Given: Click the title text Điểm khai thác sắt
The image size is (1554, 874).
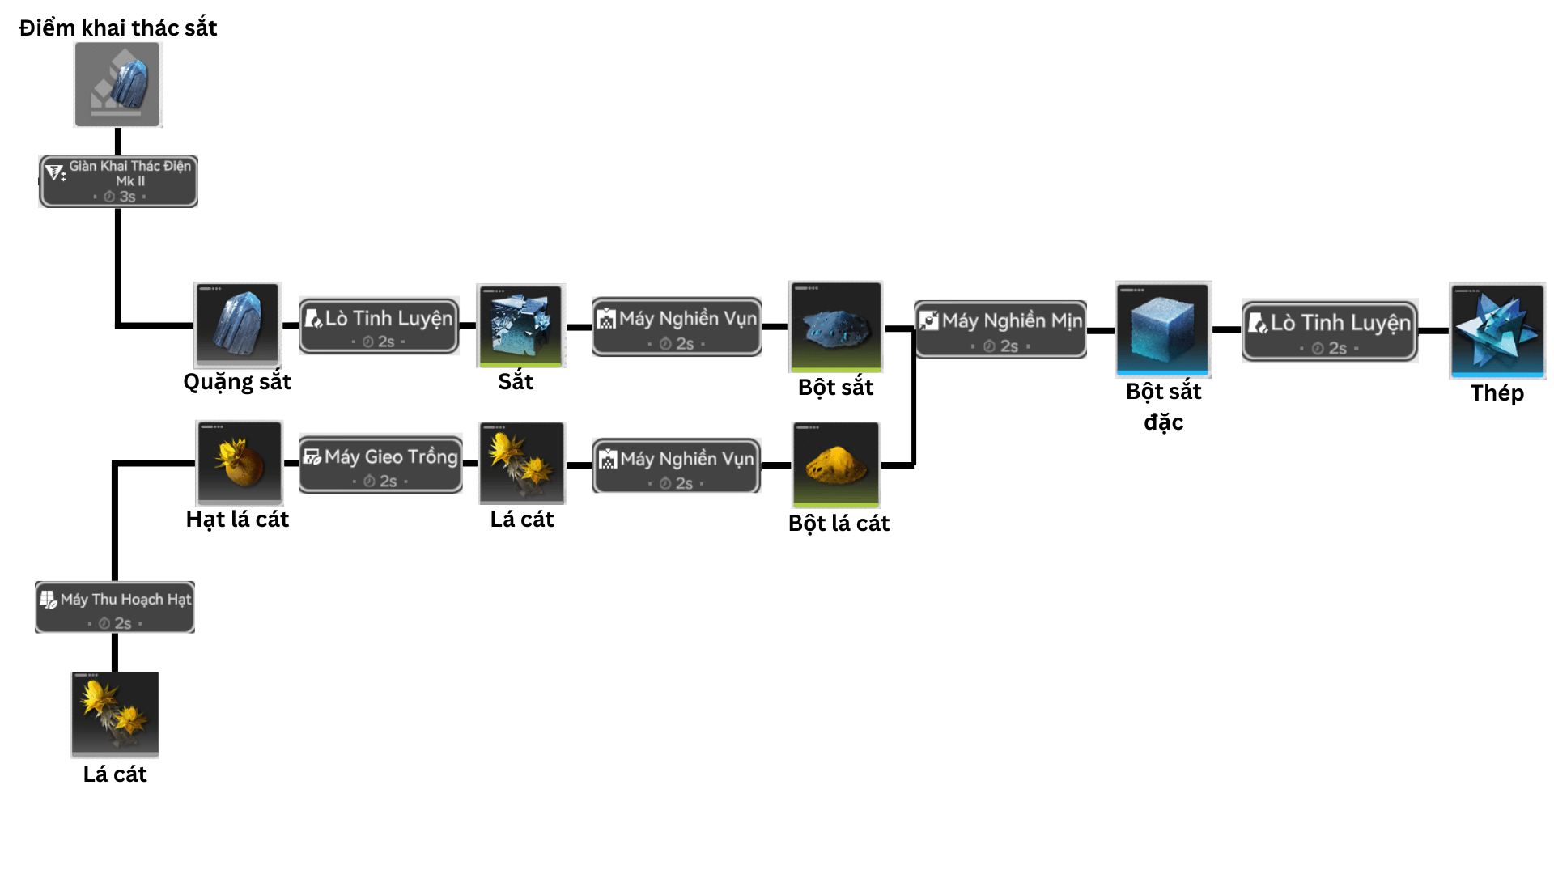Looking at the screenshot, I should tap(118, 28).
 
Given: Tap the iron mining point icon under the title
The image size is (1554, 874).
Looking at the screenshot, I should tap(118, 85).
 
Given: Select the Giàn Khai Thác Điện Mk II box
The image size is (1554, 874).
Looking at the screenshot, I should tap(118, 180).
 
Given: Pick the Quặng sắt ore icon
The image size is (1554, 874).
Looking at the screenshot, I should tap(238, 325).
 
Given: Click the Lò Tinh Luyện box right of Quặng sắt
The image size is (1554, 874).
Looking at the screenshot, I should tap(379, 325).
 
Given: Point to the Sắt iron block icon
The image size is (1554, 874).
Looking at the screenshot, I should tap(520, 325).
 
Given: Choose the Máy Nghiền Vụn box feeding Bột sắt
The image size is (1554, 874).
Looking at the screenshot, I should tap(677, 326).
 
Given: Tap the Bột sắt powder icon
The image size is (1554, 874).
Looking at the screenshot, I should tap(835, 326).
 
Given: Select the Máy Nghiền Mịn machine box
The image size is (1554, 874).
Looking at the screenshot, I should tap(1000, 329).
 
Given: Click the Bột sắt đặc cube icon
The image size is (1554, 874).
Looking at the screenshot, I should tap(1162, 329).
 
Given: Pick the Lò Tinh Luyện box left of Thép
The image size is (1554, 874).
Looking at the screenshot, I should tap(1329, 330).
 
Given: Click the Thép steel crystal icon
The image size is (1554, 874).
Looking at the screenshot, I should tap(1497, 330).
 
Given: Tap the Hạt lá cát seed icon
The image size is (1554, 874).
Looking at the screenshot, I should tap(240, 463).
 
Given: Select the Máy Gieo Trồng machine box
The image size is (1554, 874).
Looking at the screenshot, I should tap(380, 464).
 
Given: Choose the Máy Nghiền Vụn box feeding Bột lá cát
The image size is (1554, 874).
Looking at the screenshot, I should tap(677, 465).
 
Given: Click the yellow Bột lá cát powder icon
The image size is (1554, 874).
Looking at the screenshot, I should tap(836, 465).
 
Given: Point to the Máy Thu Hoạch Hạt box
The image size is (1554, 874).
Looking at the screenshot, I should tap(115, 607).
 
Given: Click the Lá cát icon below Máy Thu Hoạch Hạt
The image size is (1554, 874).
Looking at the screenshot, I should tap(115, 714).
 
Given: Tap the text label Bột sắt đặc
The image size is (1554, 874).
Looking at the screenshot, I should tap(1163, 406).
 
